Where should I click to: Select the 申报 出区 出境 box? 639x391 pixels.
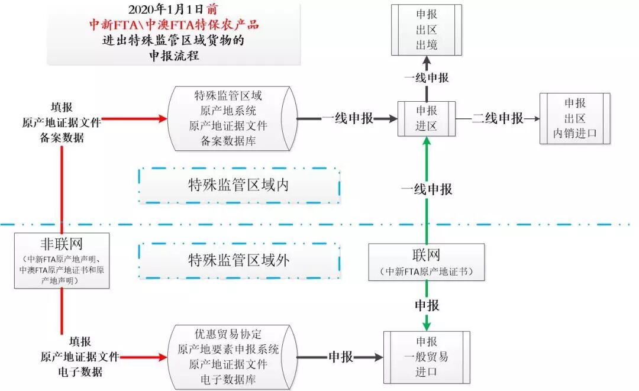pyautogui.click(x=426, y=30)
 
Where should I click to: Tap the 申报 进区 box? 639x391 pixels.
pyautogui.click(x=426, y=118)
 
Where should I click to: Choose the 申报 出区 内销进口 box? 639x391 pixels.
pyautogui.click(x=575, y=118)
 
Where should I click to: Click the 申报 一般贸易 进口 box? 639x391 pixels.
pyautogui.click(x=426, y=357)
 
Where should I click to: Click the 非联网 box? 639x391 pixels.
pyautogui.click(x=62, y=260)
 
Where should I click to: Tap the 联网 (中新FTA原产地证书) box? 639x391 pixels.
pyautogui.click(x=426, y=261)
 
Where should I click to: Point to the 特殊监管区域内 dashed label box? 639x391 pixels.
pyautogui.click(x=238, y=185)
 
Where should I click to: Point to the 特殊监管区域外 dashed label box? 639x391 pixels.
pyautogui.click(x=238, y=260)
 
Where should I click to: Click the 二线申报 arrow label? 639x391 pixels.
pyautogui.click(x=498, y=118)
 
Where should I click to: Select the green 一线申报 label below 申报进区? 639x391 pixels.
pyautogui.click(x=427, y=189)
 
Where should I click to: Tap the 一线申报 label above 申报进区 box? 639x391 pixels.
pyautogui.click(x=426, y=78)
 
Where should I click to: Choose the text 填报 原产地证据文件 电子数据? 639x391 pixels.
pyautogui.click(x=79, y=357)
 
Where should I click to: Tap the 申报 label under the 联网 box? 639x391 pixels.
pyautogui.click(x=427, y=305)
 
